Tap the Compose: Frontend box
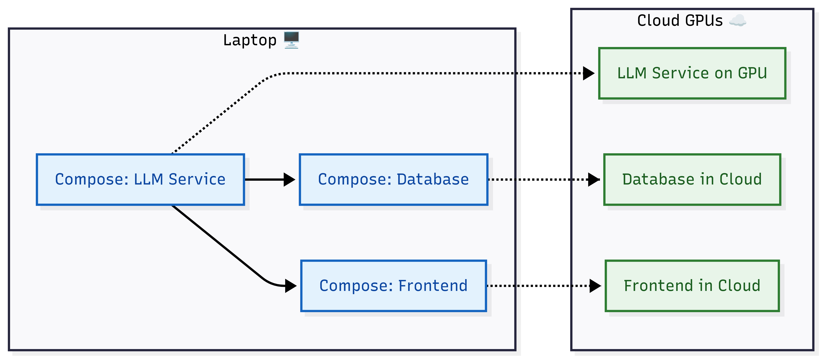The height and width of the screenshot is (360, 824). [394, 286]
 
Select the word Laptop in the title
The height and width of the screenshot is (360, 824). [250, 41]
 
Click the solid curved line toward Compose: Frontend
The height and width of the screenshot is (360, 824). [218, 243]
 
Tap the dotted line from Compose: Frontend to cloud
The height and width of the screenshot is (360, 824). [537, 286]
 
